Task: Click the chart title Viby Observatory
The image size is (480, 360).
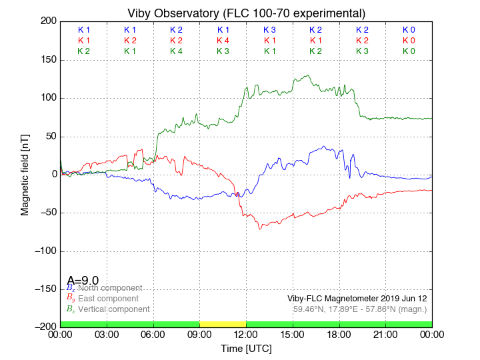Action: pyautogui.click(x=247, y=13)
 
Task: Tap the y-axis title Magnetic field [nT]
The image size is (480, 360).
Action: pyautogui.click(x=25, y=174)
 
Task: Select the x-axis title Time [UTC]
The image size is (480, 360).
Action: pyautogui.click(x=247, y=349)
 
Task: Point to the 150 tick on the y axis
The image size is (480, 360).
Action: pyautogui.click(x=47, y=60)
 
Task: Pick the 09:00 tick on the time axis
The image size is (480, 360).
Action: pyautogui.click(x=199, y=334)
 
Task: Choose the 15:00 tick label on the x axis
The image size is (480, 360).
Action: pyautogui.click(x=293, y=334)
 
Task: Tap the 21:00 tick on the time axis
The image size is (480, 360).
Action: pyautogui.click(x=385, y=334)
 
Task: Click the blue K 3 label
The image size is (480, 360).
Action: pyautogui.click(x=269, y=30)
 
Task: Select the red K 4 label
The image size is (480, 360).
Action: pyautogui.click(x=223, y=41)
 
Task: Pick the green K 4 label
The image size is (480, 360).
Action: pyautogui.click(x=176, y=51)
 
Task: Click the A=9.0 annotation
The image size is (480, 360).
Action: pyautogui.click(x=83, y=281)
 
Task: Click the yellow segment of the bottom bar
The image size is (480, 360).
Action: pyautogui.click(x=223, y=324)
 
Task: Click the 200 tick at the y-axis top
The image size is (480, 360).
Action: pyautogui.click(x=47, y=21)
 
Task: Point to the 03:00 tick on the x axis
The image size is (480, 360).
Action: pyautogui.click(x=107, y=334)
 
